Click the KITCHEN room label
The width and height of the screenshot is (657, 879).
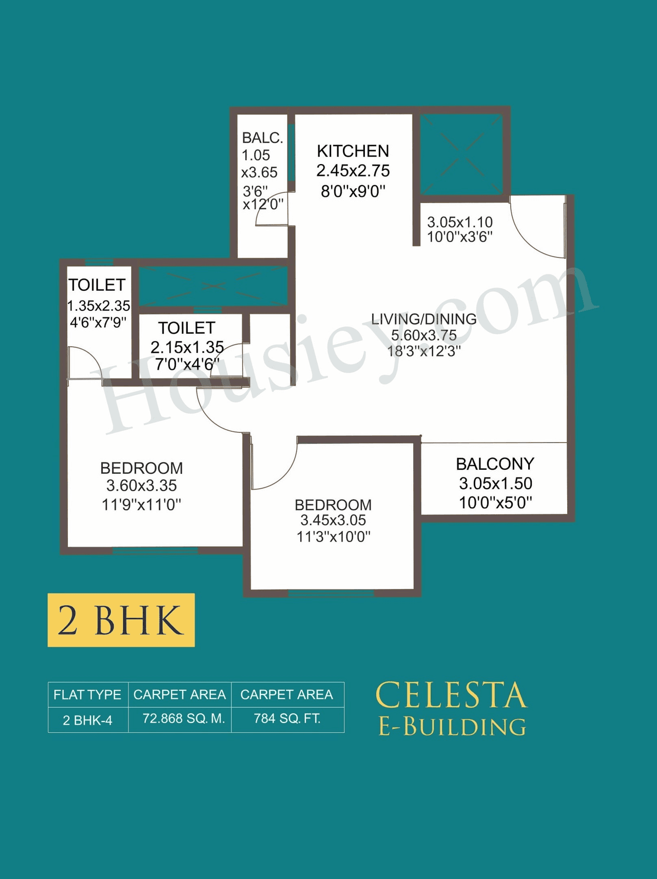[353, 151]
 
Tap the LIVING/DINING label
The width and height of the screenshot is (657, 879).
[423, 319]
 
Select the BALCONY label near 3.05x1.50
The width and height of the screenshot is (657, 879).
[495, 464]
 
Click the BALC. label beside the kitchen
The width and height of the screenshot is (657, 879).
[262, 138]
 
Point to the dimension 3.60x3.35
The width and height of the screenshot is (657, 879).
[142, 486]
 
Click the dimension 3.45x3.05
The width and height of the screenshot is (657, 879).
[333, 521]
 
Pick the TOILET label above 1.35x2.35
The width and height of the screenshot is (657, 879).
[97, 285]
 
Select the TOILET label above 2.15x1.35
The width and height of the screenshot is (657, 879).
[186, 328]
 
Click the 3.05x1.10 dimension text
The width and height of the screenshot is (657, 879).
[460, 222]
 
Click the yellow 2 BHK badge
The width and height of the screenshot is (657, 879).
[121, 620]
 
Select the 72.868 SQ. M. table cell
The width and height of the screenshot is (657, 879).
[184, 719]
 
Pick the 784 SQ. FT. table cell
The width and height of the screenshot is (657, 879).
[287, 719]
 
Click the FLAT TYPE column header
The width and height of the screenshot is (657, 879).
[87, 695]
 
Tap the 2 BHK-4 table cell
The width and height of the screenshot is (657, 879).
[87, 721]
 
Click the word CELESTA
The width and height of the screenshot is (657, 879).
[451, 696]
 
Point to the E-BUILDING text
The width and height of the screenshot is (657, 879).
[452, 727]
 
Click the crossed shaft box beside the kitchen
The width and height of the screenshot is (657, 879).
[461, 154]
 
